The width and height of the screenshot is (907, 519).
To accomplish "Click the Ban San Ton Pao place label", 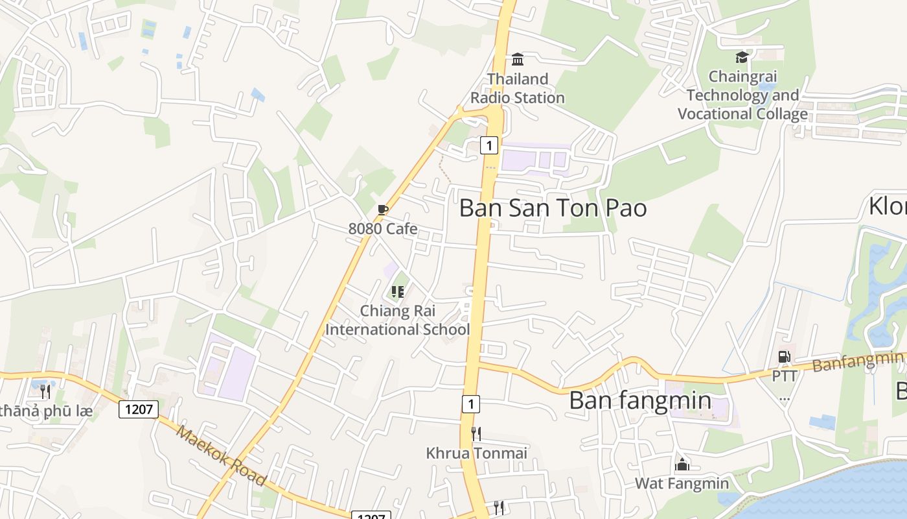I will point(553,208).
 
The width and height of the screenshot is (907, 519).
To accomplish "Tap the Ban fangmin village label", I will point(639,400).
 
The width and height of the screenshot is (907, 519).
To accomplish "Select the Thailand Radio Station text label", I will point(518,88).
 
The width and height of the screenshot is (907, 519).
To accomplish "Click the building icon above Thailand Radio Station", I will point(518,60).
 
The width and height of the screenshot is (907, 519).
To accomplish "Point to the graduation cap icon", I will point(742,58).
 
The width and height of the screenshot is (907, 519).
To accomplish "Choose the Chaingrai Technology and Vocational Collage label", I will point(742,95).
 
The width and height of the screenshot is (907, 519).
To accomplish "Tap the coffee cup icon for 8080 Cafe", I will point(383,210).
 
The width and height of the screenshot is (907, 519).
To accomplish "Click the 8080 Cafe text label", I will point(383,229).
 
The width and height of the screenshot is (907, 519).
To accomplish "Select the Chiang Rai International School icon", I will point(398,292).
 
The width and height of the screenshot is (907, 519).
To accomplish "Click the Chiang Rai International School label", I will point(397,320).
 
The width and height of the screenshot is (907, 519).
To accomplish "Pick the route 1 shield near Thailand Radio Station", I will point(489,145).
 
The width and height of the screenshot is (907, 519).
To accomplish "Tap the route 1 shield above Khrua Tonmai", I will point(471,404).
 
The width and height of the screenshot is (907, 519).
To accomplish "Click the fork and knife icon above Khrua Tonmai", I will point(476,433).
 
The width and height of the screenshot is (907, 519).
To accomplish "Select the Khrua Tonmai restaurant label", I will point(476,453).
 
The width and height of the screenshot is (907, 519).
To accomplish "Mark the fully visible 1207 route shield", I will point(139,409).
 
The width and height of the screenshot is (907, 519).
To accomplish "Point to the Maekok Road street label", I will point(220,455).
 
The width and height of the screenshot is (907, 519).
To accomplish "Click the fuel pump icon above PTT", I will point(784,356).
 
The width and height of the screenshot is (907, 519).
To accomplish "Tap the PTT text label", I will point(784,376).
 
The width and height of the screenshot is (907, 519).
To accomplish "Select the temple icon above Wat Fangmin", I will point(682,464).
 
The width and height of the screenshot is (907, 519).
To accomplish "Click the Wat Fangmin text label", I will point(682,483).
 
